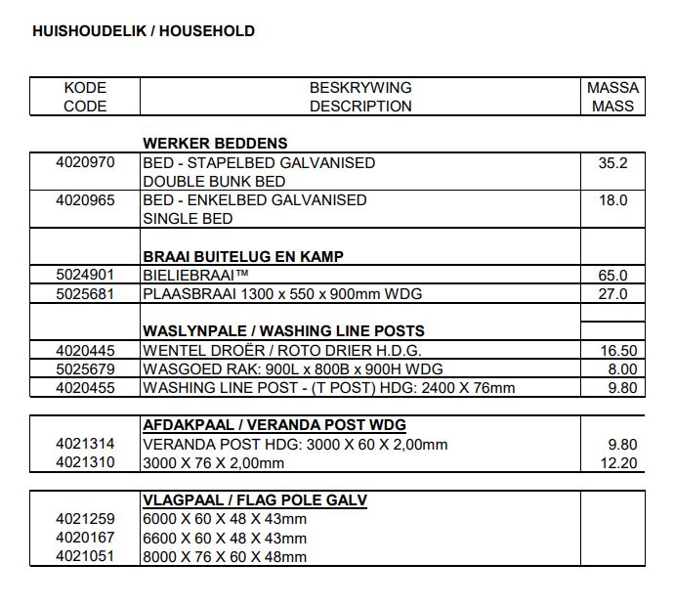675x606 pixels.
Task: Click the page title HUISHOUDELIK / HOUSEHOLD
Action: coord(144,31)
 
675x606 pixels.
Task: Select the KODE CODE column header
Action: coord(85,97)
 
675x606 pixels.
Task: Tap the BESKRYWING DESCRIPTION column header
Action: coord(360,97)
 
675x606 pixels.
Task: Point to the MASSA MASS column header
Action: coord(612,97)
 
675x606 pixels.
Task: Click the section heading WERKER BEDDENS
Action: coord(215,144)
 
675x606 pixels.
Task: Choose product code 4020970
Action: coord(85,162)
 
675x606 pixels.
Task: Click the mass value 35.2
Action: coord(612,163)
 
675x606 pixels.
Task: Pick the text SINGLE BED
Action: coord(188,219)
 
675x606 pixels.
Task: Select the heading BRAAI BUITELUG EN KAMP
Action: coord(242,257)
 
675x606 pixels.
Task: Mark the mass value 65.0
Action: coord(612,276)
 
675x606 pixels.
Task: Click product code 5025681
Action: coord(85,293)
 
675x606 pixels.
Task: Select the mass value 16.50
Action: coord(617,351)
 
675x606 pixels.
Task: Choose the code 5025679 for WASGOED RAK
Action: coord(85,368)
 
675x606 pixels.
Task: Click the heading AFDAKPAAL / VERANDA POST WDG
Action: coord(274,426)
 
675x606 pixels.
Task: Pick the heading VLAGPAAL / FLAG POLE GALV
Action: coord(255,500)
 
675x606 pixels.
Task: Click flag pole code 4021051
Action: coord(85,556)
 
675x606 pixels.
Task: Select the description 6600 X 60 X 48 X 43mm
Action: coord(225,538)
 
